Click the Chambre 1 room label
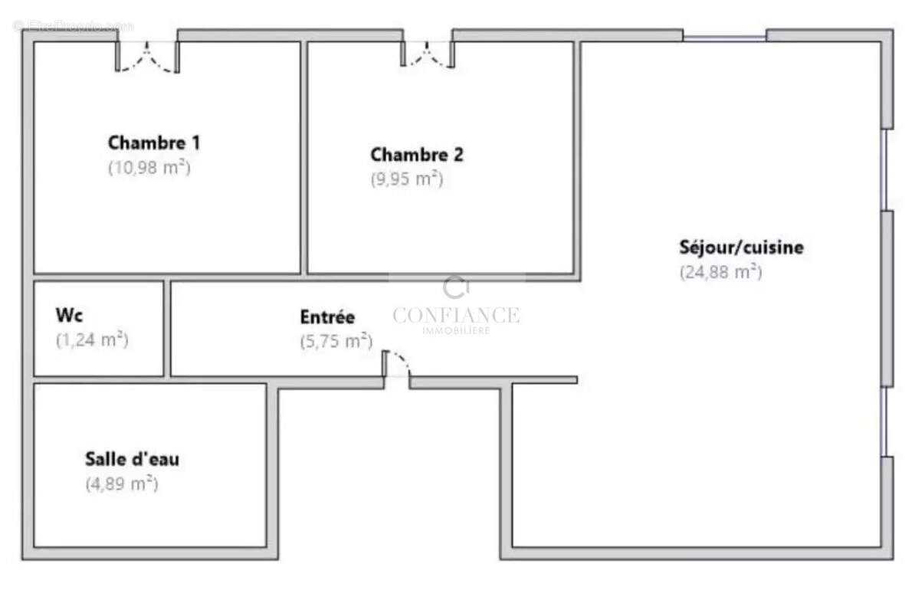pos(154,143)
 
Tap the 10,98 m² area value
pos(149,168)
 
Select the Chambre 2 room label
pos(417,155)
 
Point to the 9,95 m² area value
pos(407,179)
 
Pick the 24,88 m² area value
pos(721,272)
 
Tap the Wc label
pos(69,315)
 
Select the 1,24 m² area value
pos(92,339)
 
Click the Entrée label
pos(327,317)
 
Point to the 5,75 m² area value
pos(336,341)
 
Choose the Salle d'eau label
pos(132,460)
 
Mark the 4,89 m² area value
pos(122,484)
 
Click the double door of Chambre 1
pos(147,55)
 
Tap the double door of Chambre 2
pos(428,52)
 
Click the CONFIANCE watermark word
pos(456,315)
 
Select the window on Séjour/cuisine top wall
pos(724,36)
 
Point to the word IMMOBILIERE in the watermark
pos(456,330)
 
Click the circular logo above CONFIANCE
pos(455,288)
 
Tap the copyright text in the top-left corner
pos(74,26)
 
